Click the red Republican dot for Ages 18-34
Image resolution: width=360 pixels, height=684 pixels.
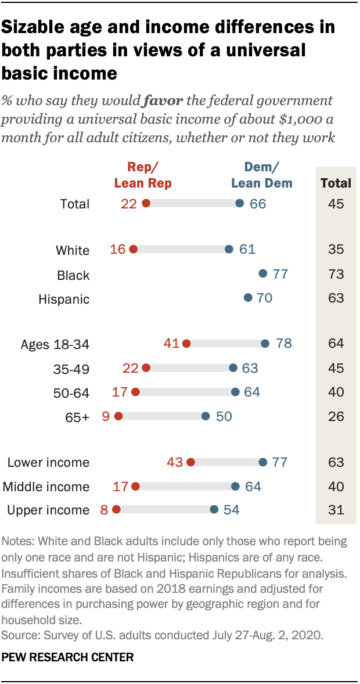tap(186, 344)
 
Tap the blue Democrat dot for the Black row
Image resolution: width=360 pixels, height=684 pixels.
tap(262, 273)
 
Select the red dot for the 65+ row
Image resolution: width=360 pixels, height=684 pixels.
tap(119, 416)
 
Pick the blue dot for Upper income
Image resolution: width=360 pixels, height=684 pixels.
tap(214, 510)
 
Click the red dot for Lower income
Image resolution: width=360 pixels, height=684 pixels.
tap(191, 462)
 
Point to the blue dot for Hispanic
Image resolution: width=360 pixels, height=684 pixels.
tap(249, 298)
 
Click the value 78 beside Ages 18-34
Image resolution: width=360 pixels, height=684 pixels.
tap(283, 344)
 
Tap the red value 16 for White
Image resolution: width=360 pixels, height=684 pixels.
tap(117, 250)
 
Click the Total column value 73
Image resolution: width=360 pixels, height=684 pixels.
tap(336, 274)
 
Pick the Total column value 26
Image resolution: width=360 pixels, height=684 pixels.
tap(336, 416)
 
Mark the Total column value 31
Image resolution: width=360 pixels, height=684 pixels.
tap(336, 510)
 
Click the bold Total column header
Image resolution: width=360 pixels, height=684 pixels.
tap(336, 183)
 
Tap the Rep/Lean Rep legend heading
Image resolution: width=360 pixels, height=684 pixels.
tap(143, 175)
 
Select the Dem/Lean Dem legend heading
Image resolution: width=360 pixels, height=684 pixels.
tap(261, 175)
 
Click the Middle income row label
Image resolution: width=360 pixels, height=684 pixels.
tap(46, 487)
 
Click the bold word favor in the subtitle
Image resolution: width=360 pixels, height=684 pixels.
tap(163, 100)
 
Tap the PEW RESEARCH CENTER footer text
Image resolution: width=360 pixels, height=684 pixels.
tap(69, 657)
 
